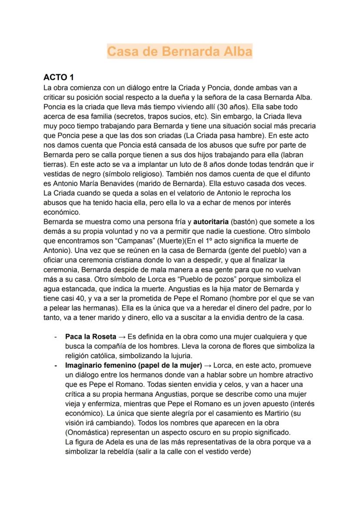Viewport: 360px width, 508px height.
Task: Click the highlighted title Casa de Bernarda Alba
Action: pyautogui.click(x=180, y=51)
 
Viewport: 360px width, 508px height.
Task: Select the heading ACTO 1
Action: pyautogui.click(x=59, y=78)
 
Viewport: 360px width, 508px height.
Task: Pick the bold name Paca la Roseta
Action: pyautogui.click(x=90, y=337)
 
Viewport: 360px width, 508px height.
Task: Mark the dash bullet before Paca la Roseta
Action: pyautogui.click(x=56, y=337)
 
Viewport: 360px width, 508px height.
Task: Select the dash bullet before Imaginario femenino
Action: pyautogui.click(x=56, y=365)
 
